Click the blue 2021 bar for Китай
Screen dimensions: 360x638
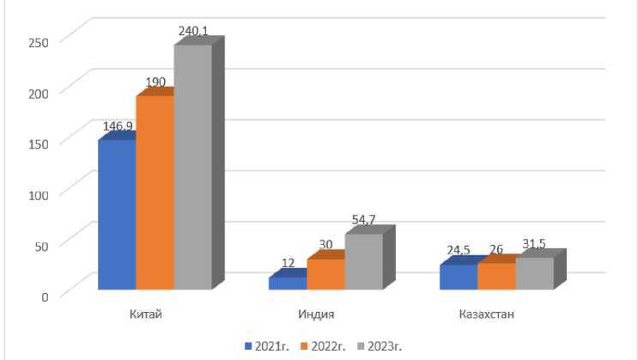click(117, 214)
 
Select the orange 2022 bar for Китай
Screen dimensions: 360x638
click(155, 192)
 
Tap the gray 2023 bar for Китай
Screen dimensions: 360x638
click(192, 167)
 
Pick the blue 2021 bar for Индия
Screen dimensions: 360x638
click(288, 283)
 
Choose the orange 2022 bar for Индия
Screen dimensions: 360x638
click(325, 273)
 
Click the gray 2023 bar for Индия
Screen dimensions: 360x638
click(363, 261)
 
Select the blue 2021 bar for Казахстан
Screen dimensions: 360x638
click(459, 277)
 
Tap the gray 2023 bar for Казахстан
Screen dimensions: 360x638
click(534, 272)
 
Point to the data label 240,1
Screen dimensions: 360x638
click(193, 31)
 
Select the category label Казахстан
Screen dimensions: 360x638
click(487, 314)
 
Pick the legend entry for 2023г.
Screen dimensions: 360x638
click(379, 346)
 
